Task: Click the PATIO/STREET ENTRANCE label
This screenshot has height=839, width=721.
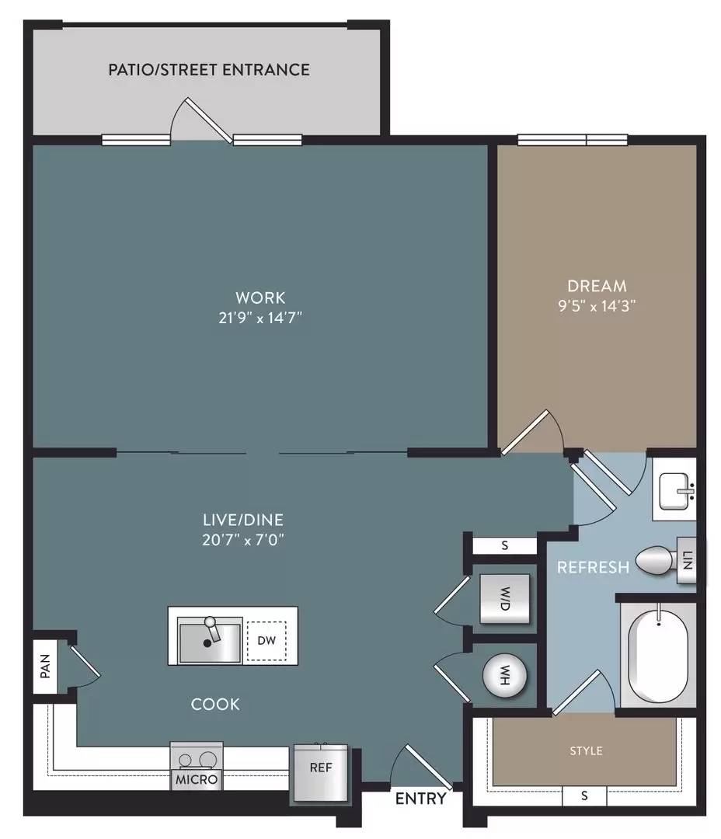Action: coord(209,70)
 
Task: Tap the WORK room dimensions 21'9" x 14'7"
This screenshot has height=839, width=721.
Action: coord(260,318)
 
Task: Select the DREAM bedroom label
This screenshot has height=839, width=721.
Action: coord(597,286)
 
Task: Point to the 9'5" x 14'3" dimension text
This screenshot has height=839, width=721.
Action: coord(597,306)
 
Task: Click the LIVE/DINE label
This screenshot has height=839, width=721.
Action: coord(243,520)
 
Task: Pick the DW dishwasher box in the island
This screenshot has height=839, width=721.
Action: coord(266,640)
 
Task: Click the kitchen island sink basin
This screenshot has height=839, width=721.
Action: coord(210,640)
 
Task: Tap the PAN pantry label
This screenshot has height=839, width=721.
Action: coord(46,667)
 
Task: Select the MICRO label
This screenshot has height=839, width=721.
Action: coord(197,780)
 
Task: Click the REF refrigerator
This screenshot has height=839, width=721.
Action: coord(320,773)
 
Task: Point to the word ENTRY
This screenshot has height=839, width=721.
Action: coord(421,799)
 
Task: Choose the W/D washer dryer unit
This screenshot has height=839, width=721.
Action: coord(505,599)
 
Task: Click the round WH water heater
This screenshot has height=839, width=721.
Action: coord(505,675)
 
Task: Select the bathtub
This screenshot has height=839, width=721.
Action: coord(658,654)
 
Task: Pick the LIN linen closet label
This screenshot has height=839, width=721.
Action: coord(688,560)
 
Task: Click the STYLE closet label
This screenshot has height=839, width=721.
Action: coord(586,751)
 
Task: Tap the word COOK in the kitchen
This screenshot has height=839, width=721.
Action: coord(215,704)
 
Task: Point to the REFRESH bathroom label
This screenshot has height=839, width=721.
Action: coord(593,567)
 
